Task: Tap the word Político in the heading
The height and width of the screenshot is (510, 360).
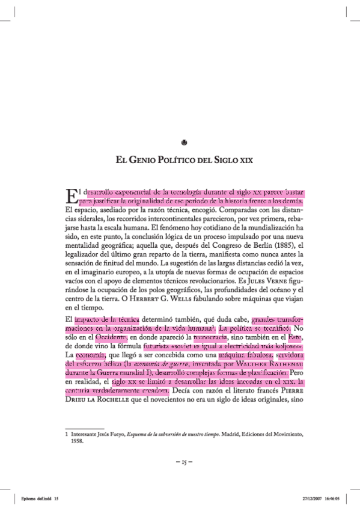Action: point(183,161)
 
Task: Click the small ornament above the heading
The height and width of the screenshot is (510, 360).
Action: point(185,142)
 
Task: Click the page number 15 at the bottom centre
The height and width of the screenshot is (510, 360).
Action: point(184,462)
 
